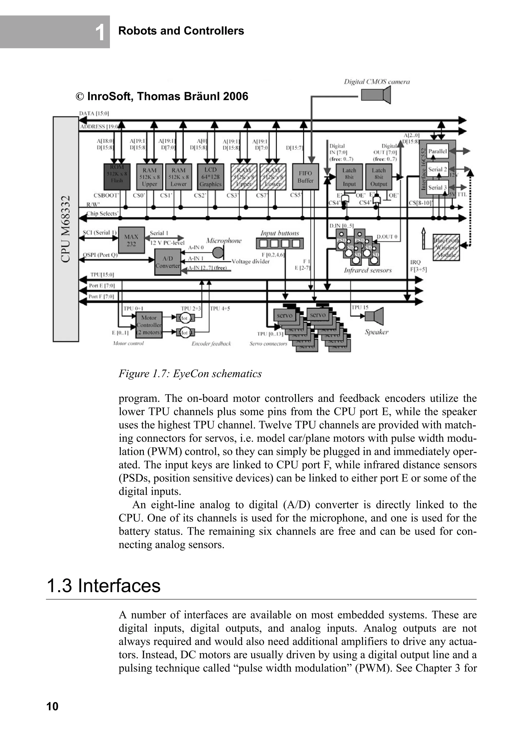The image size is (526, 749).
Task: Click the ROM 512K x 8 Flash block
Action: (117, 176)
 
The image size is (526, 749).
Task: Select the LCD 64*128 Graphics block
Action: (210, 177)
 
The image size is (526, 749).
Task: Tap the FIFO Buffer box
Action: (305, 177)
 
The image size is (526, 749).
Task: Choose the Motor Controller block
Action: (149, 325)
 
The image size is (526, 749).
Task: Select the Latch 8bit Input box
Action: (349, 177)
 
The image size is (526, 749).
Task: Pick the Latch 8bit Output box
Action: (379, 177)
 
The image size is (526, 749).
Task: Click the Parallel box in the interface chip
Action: (437, 151)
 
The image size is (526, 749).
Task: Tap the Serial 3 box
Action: (437, 188)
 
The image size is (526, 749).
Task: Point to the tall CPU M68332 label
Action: (66, 229)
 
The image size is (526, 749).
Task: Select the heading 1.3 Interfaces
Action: (104, 586)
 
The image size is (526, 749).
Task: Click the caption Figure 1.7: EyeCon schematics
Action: (190, 373)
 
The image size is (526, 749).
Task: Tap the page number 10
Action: (52, 706)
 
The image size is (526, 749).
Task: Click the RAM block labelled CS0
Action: (149, 177)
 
